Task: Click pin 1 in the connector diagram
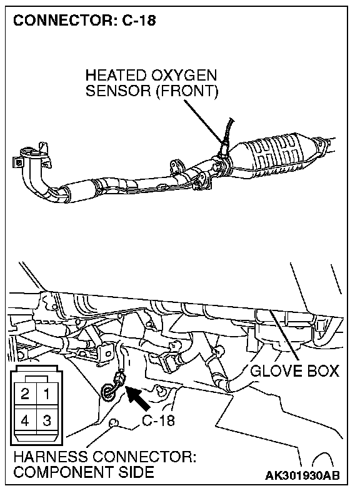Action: coord(47,394)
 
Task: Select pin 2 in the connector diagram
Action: coord(25,394)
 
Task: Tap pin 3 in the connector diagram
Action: coord(47,420)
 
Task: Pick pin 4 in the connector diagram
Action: coord(25,420)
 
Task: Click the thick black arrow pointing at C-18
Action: coord(137,399)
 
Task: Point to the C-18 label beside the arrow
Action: coord(158,420)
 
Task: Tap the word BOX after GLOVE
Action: coord(323,371)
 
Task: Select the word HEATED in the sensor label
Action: coord(116,76)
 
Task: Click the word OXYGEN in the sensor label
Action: coord(184,76)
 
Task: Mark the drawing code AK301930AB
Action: coord(302,475)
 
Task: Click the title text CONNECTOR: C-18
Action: coord(84,21)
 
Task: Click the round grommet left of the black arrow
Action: coord(107,392)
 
